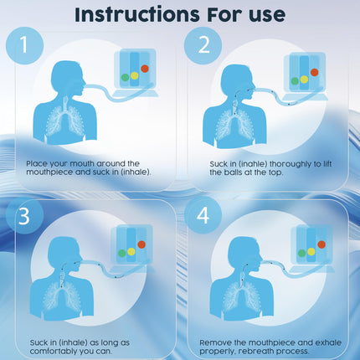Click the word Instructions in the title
pos(137,14)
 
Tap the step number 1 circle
pos(24,45)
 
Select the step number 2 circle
pos(203,45)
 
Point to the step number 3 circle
pos(24,216)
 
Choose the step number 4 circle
pos(203,216)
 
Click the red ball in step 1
pos(145,69)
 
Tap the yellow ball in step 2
pos(304,80)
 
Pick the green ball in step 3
pos(122,253)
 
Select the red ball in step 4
pos(321,244)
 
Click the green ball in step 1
pos(125,77)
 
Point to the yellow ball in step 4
pos(311,252)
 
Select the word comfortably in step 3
pos(53,351)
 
